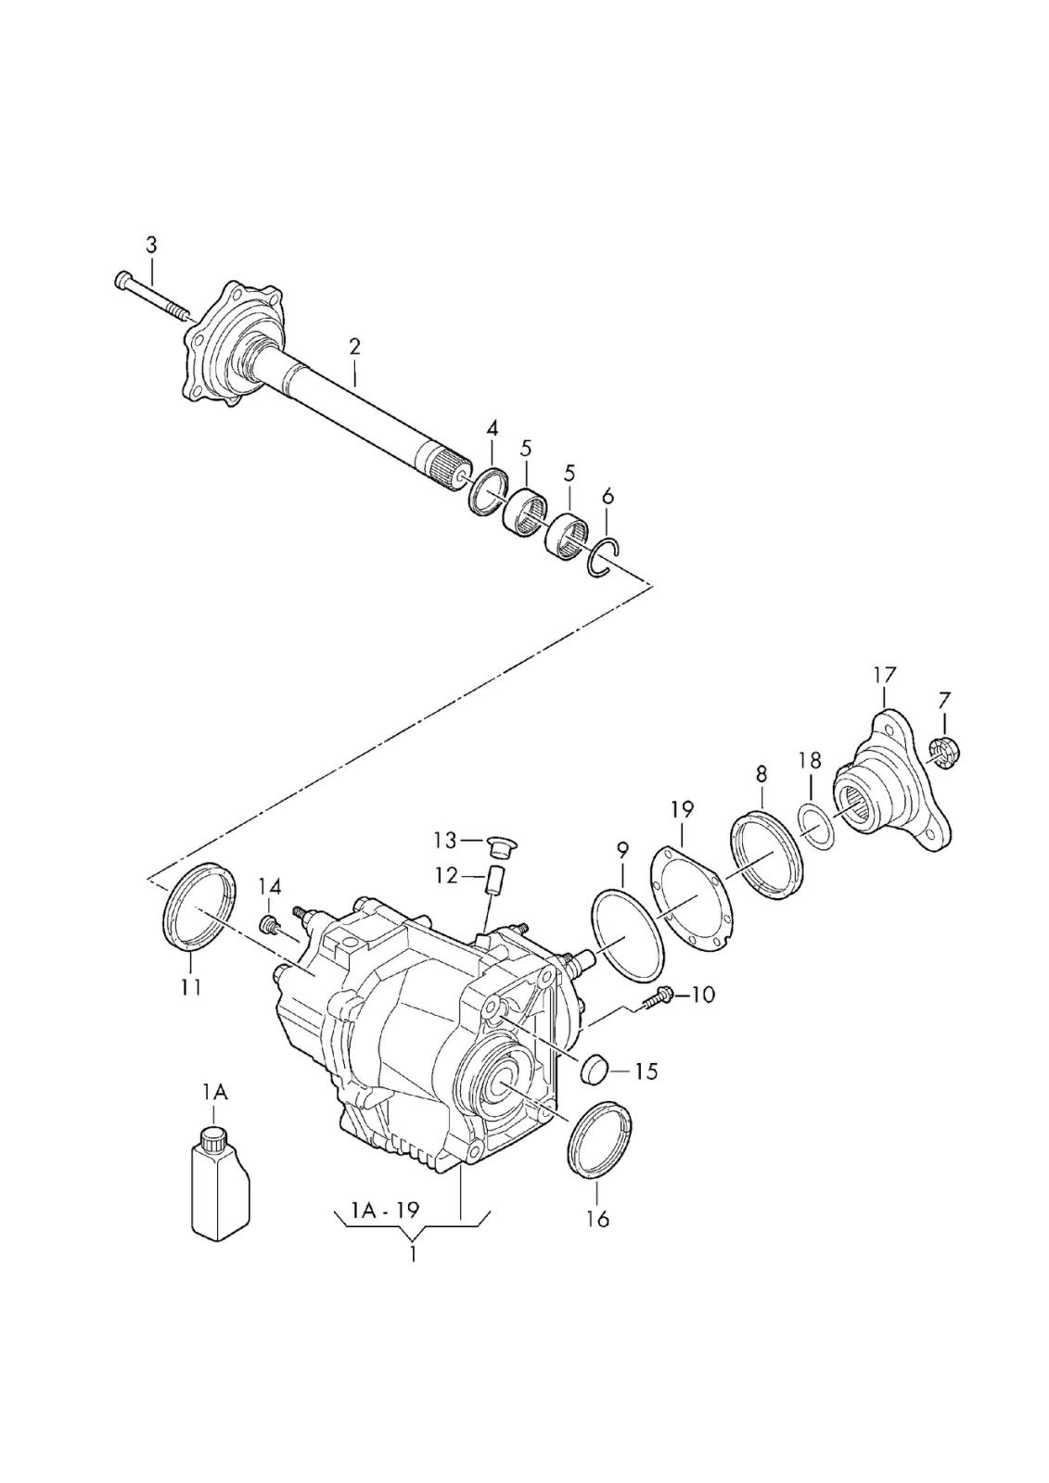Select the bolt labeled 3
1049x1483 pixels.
click(x=152, y=296)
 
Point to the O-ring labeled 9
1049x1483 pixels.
click(x=628, y=933)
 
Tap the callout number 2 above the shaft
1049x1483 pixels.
click(x=354, y=347)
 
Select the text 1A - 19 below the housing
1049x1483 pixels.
click(x=385, y=1209)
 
